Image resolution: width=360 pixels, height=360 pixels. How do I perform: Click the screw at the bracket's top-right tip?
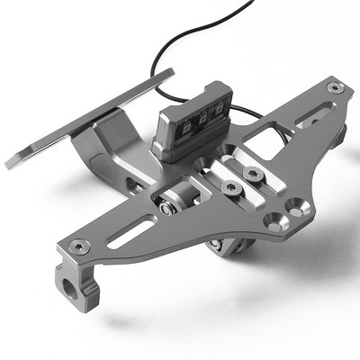click(335, 87)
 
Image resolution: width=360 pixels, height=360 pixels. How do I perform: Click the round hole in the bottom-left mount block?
click(68, 292)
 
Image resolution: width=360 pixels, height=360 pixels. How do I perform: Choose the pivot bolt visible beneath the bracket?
click(216, 246)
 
